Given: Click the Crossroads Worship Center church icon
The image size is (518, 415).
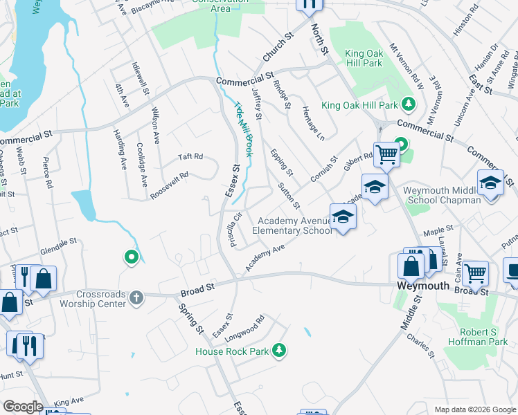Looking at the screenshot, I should pos(137,297).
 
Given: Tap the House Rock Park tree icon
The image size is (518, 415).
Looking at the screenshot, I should pos(279,351).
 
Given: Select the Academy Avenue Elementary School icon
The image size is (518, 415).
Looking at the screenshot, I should pos(342,217).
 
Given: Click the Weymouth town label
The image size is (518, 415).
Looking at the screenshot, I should pos(423,284).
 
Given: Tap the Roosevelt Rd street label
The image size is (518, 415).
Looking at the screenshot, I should pos(170,185).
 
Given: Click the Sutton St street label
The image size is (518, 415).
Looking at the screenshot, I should pos(289,196).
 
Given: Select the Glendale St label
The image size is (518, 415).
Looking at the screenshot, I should pos(57,244).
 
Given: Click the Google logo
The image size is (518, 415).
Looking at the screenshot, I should pos(23,407).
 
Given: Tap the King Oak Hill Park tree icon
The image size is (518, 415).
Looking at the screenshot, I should pos(409,104).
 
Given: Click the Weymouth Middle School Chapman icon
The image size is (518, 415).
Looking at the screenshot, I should pos(490,183).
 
